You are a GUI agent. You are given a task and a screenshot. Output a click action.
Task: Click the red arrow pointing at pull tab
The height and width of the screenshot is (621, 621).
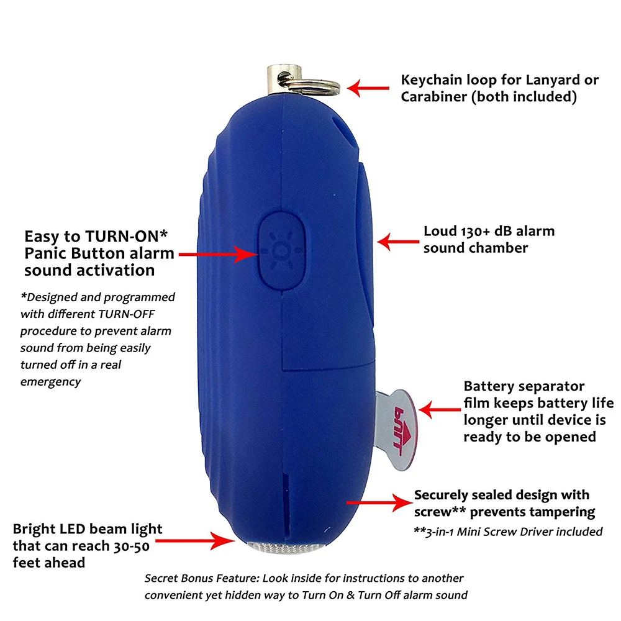coord(438,409)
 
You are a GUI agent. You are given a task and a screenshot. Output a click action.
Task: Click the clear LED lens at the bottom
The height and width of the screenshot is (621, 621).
coord(283,547)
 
